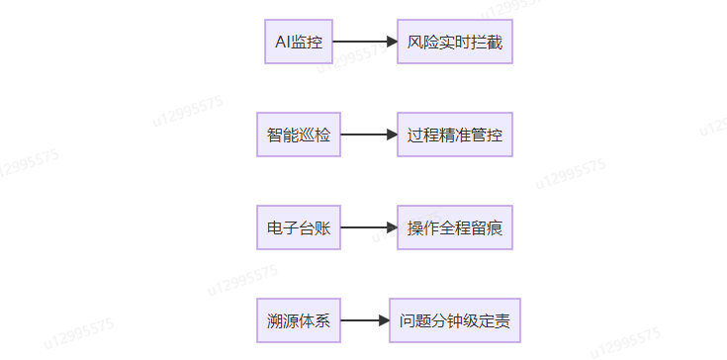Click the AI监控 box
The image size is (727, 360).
tap(299, 43)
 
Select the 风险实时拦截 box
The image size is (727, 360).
tap(455, 43)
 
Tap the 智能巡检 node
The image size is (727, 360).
tap(298, 135)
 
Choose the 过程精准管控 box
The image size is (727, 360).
tap(455, 135)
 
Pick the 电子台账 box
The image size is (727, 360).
tap(298, 228)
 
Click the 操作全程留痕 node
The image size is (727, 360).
tap(455, 228)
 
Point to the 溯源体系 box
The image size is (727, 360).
tap(298, 321)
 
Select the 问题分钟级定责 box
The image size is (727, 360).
tap(455, 321)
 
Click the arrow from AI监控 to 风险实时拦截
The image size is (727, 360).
tap(364, 43)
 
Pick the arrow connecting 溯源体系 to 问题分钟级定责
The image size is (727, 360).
tap(364, 321)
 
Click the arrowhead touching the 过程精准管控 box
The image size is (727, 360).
tap(391, 135)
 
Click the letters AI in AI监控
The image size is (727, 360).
tap(282, 43)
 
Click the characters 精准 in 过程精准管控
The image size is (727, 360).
tap(455, 135)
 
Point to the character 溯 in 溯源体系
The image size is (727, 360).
tap(274, 321)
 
